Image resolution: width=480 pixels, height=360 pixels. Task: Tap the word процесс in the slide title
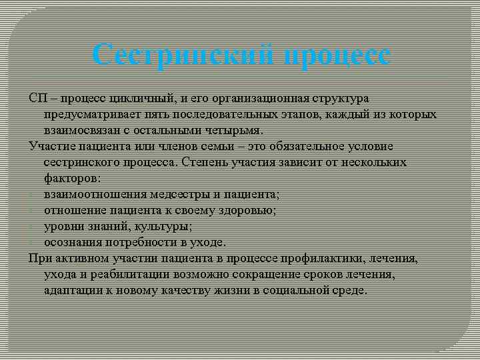click(336, 54)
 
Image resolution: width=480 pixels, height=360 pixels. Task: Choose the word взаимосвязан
click(81, 130)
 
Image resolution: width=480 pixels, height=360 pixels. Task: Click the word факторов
click(72, 178)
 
